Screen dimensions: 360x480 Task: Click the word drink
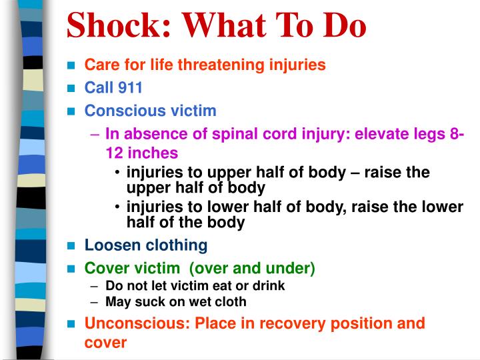point(269,285)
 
